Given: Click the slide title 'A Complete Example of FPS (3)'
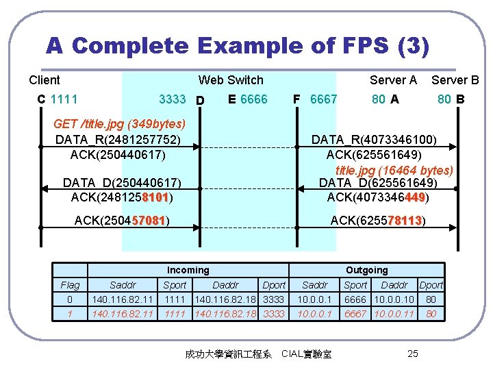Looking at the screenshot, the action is [238, 47].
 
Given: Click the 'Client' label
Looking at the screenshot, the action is [45, 80].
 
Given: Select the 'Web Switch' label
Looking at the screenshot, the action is [231, 80].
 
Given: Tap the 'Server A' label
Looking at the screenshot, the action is [393, 80].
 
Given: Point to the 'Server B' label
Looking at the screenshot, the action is [455, 80].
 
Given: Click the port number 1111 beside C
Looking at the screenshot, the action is [64, 99].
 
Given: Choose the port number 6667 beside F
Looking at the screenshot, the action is [323, 99].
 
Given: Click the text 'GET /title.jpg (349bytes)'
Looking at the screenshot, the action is [120, 124].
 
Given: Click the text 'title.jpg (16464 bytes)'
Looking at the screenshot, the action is [394, 169].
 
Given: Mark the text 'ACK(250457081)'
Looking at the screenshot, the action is [122, 221].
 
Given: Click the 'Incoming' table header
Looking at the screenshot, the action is [188, 270].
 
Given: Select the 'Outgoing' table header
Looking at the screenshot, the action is [366, 270].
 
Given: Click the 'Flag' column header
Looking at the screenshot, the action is [70, 285].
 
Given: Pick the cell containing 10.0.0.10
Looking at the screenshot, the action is [394, 299].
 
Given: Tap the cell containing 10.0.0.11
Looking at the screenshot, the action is [394, 314].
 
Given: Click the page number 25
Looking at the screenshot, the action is [412, 354].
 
